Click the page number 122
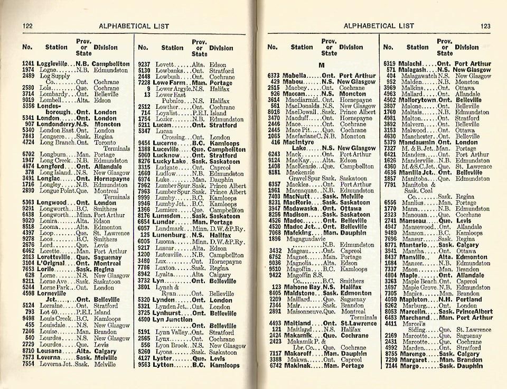pos(28,26)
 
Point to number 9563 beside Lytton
pos(144,365)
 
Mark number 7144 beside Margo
pos(390,365)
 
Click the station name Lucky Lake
pos(171,161)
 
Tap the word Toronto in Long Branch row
pos(106,142)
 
